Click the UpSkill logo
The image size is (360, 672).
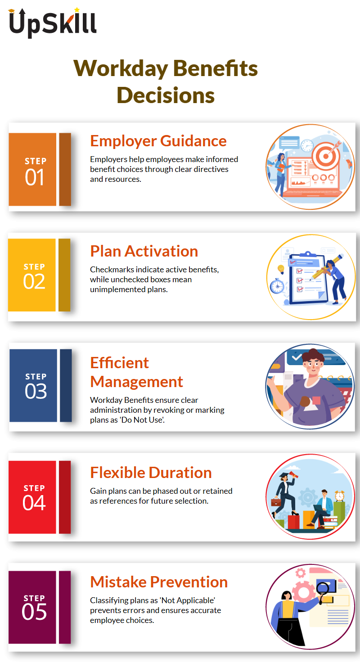(x=53, y=23)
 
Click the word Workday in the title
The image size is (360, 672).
(x=121, y=68)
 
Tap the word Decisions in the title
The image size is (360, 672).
(x=166, y=95)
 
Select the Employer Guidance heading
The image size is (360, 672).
(x=158, y=141)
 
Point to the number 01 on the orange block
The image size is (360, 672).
(x=35, y=177)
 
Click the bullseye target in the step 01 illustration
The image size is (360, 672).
(x=326, y=156)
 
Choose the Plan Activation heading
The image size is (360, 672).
(x=144, y=251)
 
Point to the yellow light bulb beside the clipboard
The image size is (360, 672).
(x=281, y=269)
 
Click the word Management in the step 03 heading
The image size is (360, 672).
(x=137, y=382)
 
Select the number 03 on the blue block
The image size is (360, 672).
(x=36, y=391)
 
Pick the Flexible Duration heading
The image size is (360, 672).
(x=151, y=473)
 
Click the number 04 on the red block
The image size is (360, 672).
(x=34, y=503)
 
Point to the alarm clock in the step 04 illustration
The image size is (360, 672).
(x=340, y=496)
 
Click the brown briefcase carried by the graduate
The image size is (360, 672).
(x=276, y=501)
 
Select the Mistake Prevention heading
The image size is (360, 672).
(x=159, y=582)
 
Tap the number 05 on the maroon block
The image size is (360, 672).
(x=34, y=612)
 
